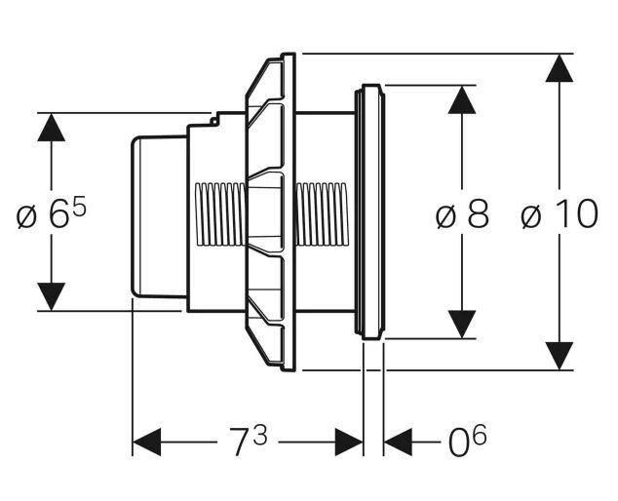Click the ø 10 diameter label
[560, 214]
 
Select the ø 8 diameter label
[462, 214]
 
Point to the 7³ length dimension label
[247, 444]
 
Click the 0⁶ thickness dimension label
[466, 444]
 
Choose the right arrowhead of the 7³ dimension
[350, 444]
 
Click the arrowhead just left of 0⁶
[398, 444]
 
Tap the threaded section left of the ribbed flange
[220, 213]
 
